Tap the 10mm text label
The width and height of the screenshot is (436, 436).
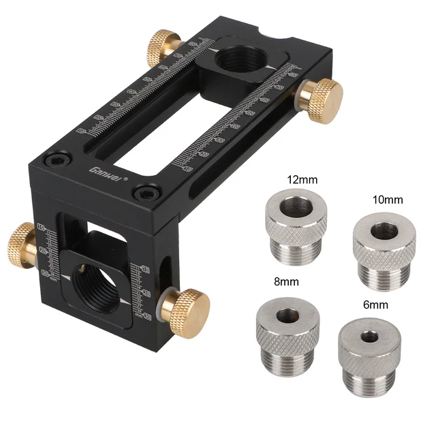pyautogui.click(x=388, y=200)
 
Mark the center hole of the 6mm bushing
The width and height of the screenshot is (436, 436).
pyautogui.click(x=369, y=337)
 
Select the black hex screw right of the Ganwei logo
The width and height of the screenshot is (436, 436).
pyautogui.click(x=142, y=191)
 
